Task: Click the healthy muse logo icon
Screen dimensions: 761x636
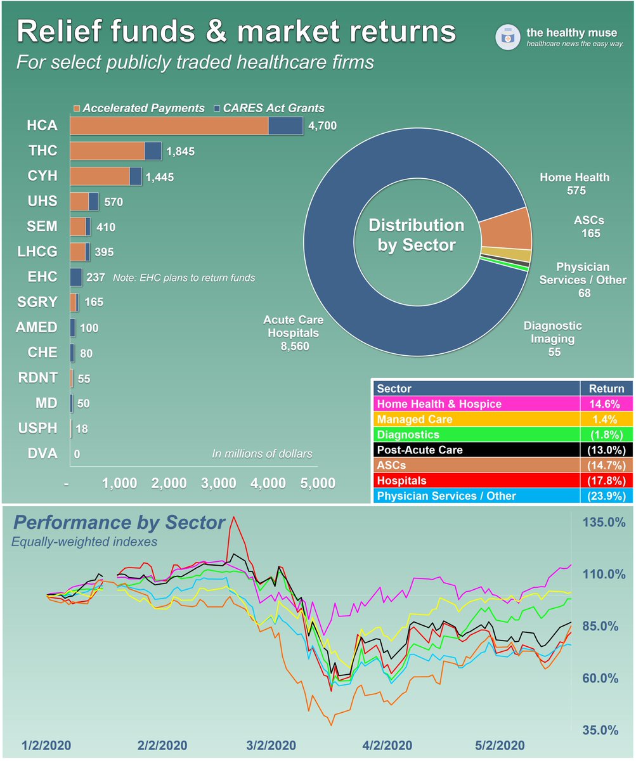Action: click(x=507, y=37)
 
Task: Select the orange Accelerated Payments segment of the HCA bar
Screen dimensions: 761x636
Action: click(x=169, y=126)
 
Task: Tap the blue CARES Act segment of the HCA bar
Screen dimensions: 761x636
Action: click(x=285, y=126)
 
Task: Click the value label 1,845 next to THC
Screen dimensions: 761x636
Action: click(x=180, y=151)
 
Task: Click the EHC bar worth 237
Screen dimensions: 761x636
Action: click(x=75, y=277)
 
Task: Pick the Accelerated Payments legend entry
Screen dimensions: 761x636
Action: click(x=140, y=108)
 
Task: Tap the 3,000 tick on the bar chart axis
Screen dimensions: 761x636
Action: click(x=219, y=483)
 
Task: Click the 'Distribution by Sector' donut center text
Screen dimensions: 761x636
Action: click(x=417, y=235)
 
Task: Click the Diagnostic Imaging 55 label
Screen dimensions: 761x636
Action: click(x=552, y=339)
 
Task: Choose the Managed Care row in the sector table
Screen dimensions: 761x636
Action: click(x=476, y=419)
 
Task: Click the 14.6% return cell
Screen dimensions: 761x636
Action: click(x=607, y=404)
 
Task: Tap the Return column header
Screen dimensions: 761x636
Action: click(x=607, y=389)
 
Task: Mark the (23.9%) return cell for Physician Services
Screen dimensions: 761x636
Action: click(x=607, y=496)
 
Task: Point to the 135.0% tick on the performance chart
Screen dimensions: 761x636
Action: click(x=604, y=523)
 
